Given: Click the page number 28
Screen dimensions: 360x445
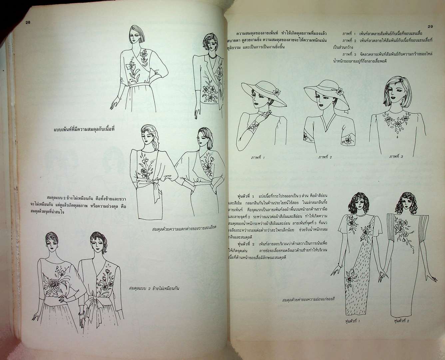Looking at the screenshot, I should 28,22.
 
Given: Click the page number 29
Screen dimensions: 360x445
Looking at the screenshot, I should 430,27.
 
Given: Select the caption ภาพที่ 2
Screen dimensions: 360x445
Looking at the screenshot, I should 325,157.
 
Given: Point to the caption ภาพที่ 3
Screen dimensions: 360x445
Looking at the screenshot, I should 396,156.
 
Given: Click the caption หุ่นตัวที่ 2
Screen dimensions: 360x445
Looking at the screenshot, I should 401,321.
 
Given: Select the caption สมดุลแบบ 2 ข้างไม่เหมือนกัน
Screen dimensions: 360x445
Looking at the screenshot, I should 154,288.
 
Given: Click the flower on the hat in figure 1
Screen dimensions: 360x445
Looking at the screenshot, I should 276,92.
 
